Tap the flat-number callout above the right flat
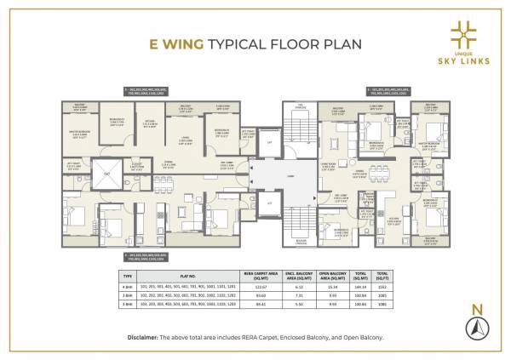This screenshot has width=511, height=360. [x=397, y=89]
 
